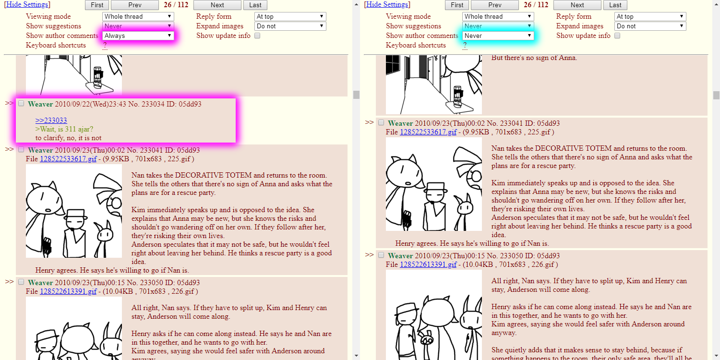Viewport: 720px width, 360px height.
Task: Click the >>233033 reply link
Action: [51, 120]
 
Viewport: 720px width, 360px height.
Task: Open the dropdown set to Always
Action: [138, 36]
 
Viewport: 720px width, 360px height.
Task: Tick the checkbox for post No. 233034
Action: [21, 104]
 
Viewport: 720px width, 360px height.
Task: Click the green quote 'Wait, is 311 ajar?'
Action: [64, 129]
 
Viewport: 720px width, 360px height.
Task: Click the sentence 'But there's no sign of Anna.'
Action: [534, 58]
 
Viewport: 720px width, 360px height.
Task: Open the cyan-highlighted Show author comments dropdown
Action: [498, 36]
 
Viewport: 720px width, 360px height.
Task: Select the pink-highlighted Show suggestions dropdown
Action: [138, 26]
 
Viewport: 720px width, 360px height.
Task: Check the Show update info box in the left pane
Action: [257, 36]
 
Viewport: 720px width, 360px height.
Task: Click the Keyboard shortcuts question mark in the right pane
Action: [465, 46]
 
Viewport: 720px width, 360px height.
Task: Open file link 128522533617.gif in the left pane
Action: [68, 159]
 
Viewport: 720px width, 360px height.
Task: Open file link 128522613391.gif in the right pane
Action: [428, 264]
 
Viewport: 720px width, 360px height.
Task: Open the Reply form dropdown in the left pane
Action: [290, 16]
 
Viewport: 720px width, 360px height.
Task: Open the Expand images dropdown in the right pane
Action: [650, 26]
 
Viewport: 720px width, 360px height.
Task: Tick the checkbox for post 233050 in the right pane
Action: [381, 255]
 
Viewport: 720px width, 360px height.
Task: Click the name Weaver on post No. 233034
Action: [40, 104]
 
